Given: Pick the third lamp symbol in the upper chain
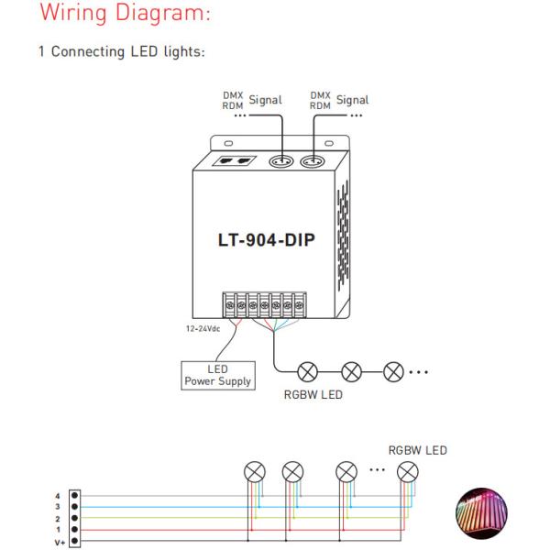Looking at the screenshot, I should [393, 373].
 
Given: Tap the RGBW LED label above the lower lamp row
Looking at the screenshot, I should [419, 451].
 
